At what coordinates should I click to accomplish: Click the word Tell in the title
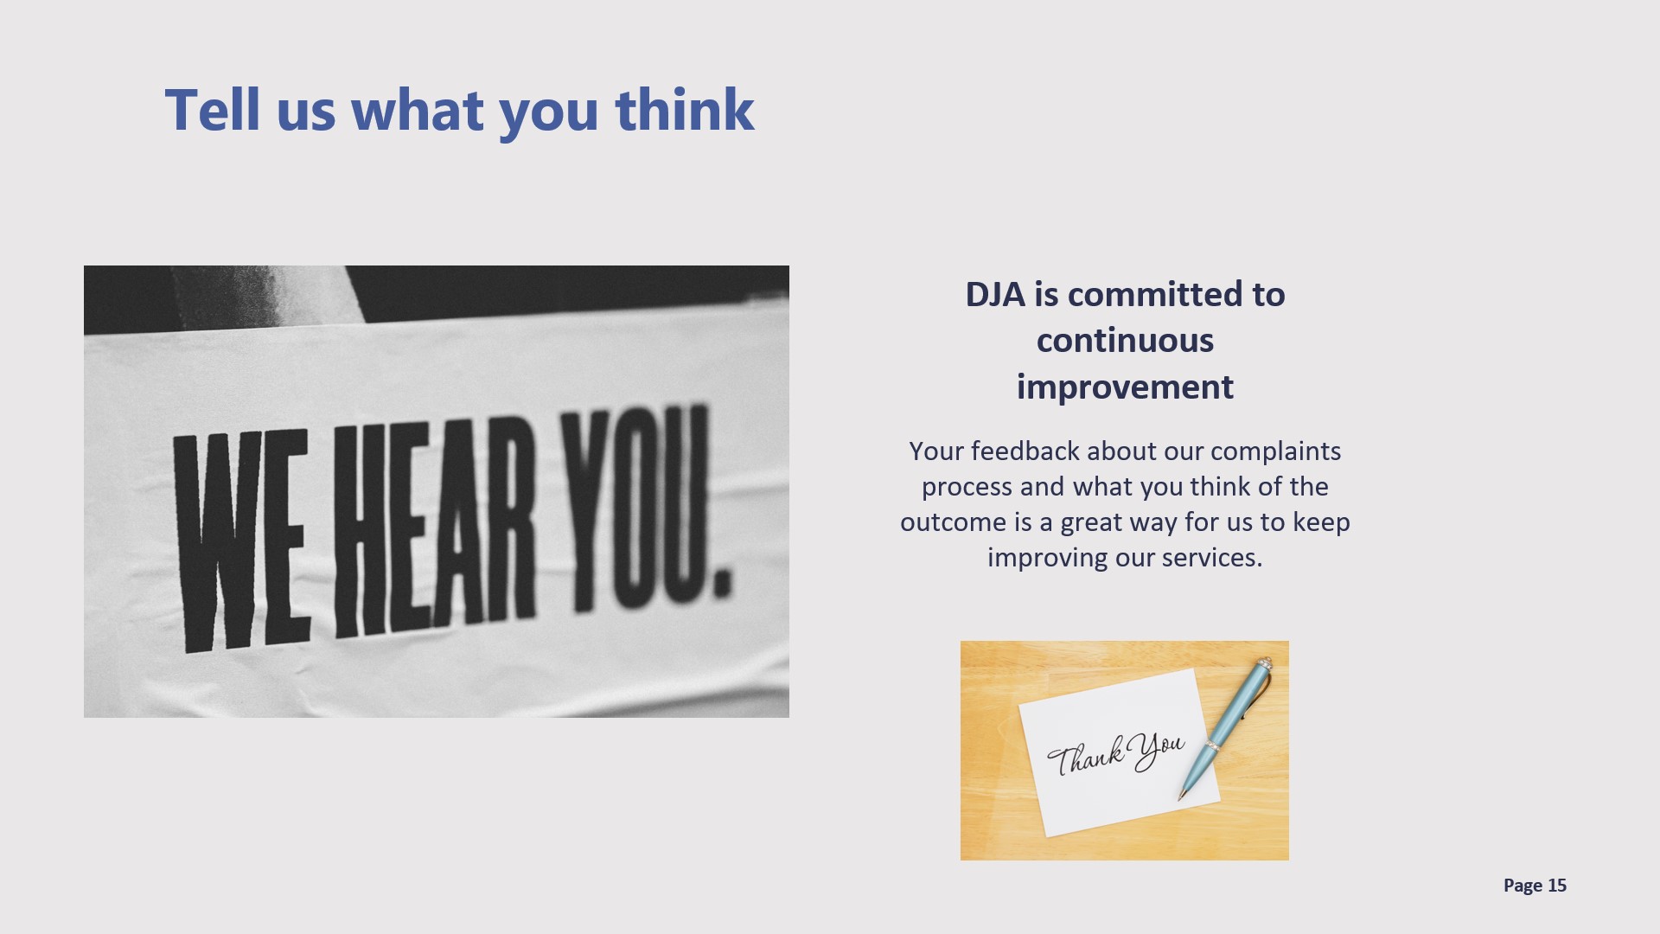pos(212,110)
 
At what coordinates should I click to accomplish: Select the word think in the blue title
pos(685,110)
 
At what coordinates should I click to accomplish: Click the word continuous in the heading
pos(1125,341)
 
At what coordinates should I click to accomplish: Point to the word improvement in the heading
pos(1125,387)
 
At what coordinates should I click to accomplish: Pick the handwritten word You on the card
pos(1157,751)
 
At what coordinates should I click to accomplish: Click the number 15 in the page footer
pos(1557,886)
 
